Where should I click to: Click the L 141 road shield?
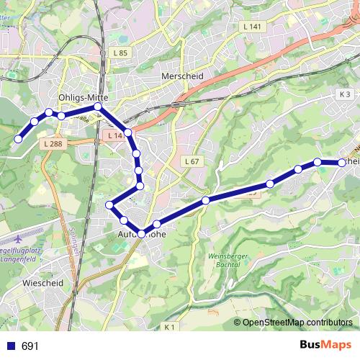(252, 27)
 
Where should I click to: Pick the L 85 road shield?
(120, 53)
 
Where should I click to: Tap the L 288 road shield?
(53, 144)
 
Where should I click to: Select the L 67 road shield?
(191, 161)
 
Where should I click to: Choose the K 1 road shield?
(170, 328)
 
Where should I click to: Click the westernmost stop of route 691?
(19, 139)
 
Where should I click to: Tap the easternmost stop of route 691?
(343, 163)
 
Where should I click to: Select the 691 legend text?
(30, 346)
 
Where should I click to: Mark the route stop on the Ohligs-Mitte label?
(98, 107)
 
